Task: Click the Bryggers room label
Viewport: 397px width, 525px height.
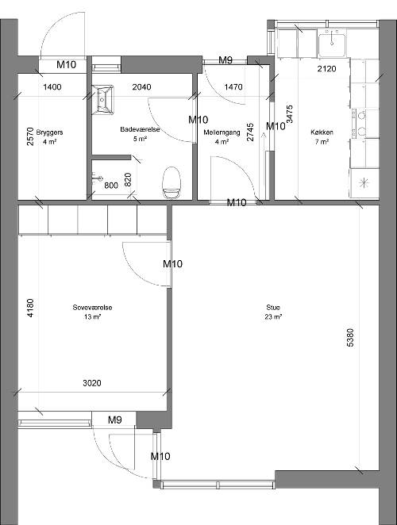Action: [x=49, y=132]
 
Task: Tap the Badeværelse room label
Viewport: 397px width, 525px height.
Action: [x=140, y=129]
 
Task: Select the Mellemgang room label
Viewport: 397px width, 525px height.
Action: [x=222, y=132]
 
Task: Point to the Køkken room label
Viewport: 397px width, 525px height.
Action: [x=322, y=132]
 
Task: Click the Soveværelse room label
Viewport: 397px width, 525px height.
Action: [x=93, y=308]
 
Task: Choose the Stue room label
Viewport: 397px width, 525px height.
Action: [x=273, y=308]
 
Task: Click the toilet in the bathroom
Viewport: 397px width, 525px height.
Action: [x=172, y=183]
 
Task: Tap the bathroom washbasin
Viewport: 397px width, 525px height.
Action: [x=102, y=99]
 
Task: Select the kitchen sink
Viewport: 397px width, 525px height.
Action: [x=332, y=44]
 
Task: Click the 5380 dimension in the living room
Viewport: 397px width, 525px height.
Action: [x=349, y=338]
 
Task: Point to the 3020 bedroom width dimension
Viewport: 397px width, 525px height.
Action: [x=92, y=383]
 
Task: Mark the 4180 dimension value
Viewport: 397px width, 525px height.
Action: [x=30, y=308]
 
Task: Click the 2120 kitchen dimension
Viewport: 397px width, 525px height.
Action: [x=326, y=69]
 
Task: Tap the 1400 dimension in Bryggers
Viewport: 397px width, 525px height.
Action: [x=52, y=87]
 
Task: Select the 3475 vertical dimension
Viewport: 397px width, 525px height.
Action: [x=290, y=114]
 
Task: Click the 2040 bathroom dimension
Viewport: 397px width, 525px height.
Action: [x=141, y=87]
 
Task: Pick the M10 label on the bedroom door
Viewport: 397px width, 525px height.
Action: [x=172, y=264]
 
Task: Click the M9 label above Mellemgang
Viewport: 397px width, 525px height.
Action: [x=225, y=60]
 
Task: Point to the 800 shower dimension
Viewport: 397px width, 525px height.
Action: [x=111, y=186]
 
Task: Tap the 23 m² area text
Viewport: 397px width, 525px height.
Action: [x=273, y=316]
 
